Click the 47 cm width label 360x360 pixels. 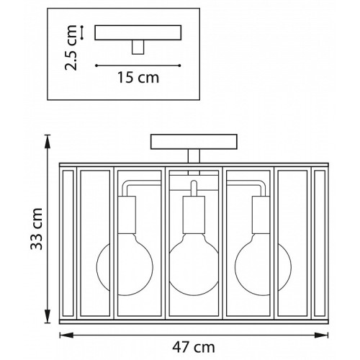(x=194, y=347)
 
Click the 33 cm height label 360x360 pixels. (x=37, y=229)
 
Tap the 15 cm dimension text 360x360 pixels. (x=138, y=77)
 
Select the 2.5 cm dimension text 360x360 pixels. (x=71, y=48)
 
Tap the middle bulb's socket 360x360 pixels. (x=194, y=215)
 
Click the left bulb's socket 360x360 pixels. (x=127, y=215)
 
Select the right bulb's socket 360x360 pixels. (x=261, y=215)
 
